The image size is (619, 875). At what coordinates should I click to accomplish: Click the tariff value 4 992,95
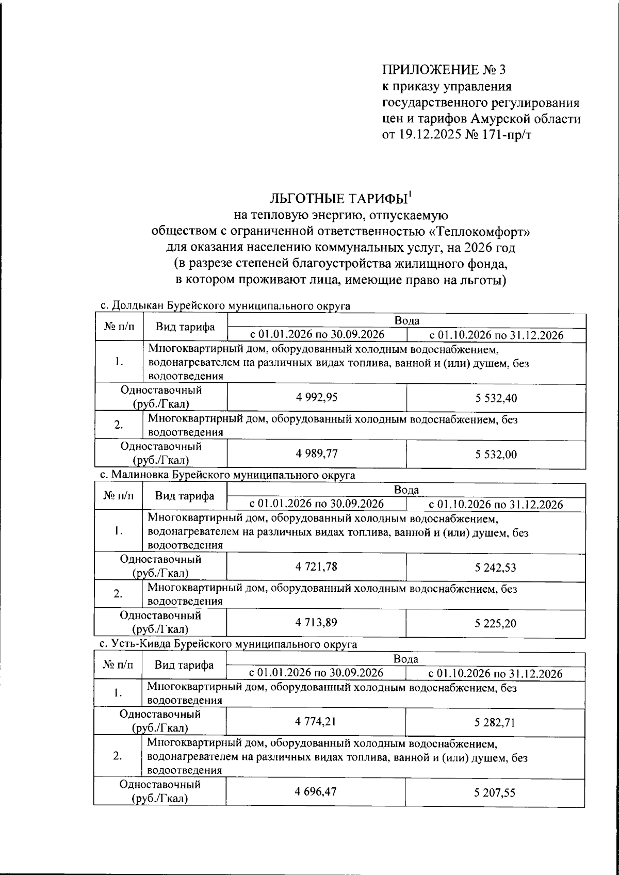(x=317, y=398)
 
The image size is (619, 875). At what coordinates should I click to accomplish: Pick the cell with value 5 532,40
(x=496, y=398)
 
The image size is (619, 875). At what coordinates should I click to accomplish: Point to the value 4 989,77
(x=317, y=453)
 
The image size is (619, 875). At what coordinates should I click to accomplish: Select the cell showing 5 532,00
(x=496, y=455)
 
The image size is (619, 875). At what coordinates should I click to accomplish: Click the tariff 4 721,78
(x=316, y=567)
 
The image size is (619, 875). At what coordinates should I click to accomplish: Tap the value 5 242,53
(x=495, y=568)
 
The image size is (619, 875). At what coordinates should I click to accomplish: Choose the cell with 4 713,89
(x=316, y=623)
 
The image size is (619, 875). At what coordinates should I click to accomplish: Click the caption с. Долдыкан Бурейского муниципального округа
(x=225, y=306)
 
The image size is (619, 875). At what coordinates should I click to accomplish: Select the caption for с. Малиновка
(x=227, y=475)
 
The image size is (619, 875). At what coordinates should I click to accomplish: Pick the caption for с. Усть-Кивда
(x=228, y=644)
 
